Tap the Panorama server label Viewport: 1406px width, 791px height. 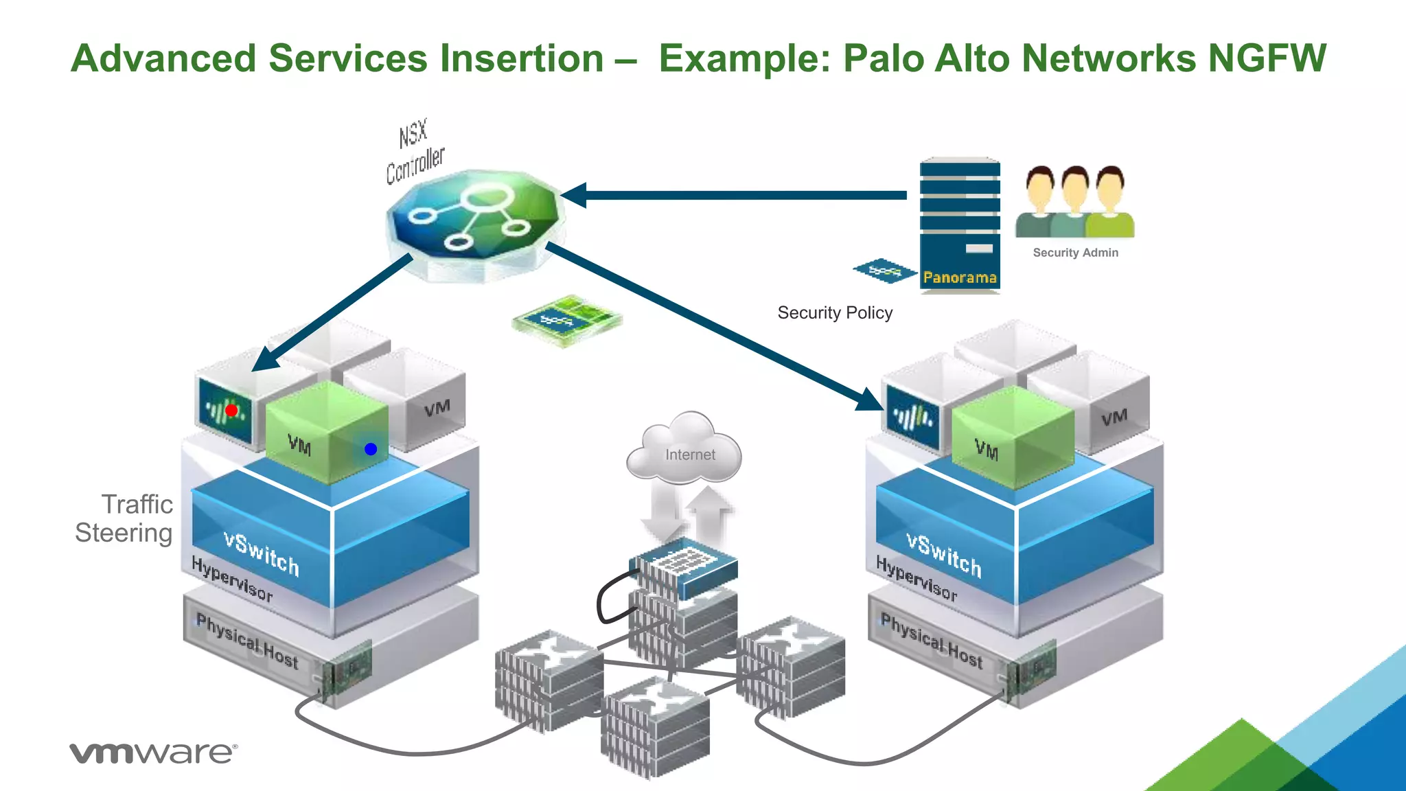(x=959, y=277)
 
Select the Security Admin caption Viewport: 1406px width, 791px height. (x=1075, y=253)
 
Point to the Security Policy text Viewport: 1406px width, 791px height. (x=834, y=313)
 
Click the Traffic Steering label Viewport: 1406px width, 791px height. (x=126, y=518)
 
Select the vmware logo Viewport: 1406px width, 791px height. (x=152, y=753)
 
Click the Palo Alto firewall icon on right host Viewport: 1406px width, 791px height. (x=912, y=416)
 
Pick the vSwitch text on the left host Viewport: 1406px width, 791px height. (x=262, y=553)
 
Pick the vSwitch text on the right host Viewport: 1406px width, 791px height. (x=944, y=555)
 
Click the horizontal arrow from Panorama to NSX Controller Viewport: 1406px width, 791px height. (x=741, y=195)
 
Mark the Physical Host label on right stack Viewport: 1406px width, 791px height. (x=932, y=641)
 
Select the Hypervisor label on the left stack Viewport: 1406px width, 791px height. (x=232, y=579)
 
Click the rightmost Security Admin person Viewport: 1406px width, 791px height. (x=1110, y=203)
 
